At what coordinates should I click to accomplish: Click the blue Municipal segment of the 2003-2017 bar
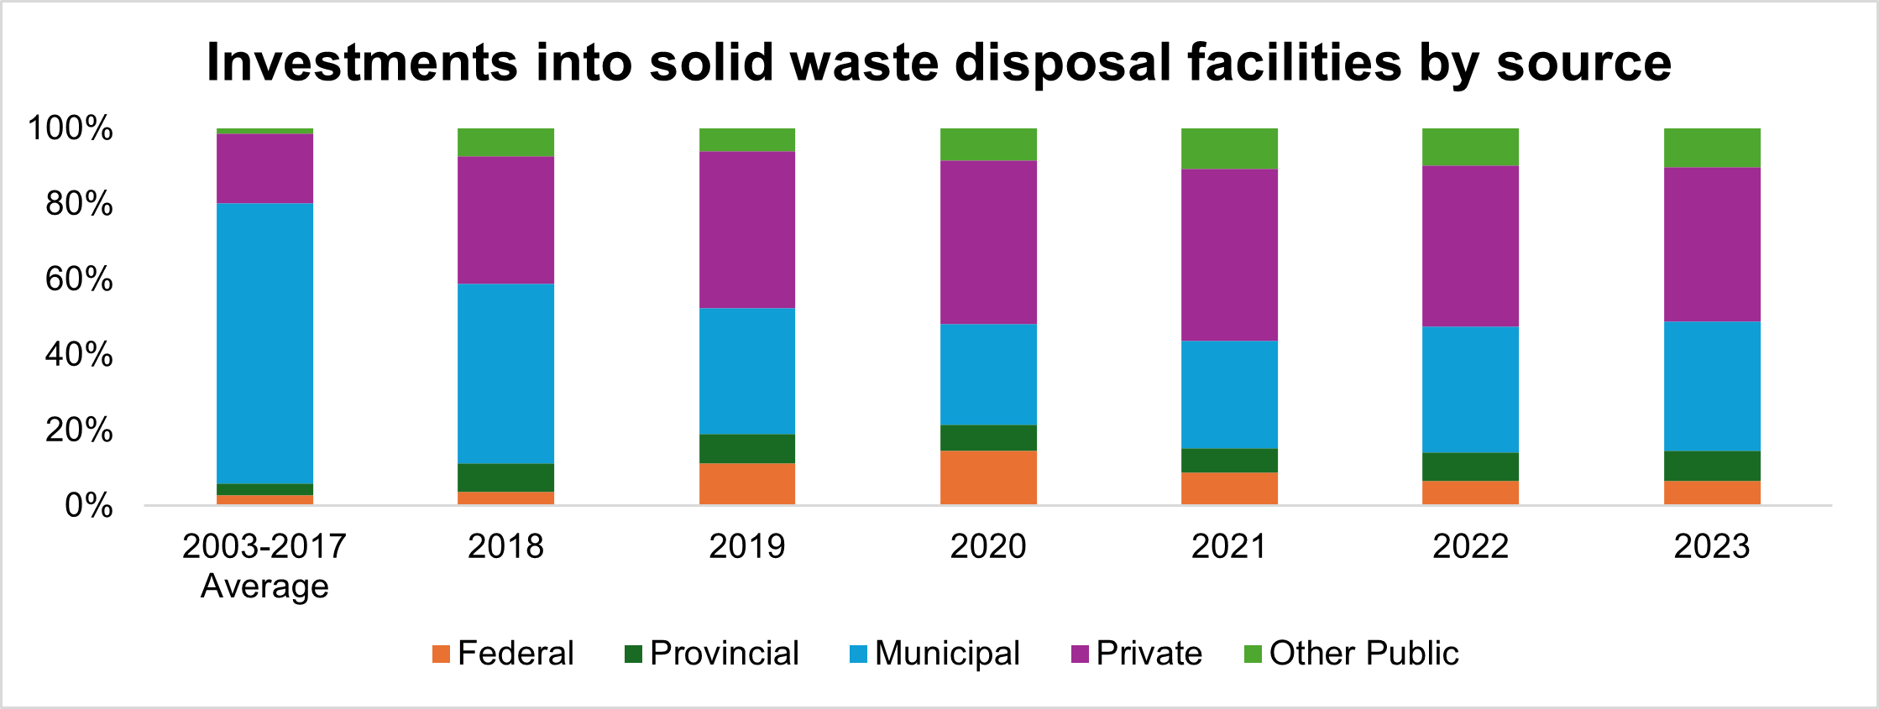click(x=264, y=343)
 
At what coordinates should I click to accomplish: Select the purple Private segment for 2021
click(x=1229, y=254)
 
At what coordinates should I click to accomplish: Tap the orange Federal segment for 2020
click(x=988, y=477)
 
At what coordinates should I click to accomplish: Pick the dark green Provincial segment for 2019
click(x=747, y=449)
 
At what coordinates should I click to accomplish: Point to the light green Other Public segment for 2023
click(x=1712, y=148)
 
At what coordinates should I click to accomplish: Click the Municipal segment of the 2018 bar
click(x=505, y=373)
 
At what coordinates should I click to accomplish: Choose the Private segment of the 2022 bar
click(x=1470, y=246)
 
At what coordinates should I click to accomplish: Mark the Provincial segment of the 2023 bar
click(x=1712, y=466)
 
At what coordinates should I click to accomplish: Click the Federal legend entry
click(x=503, y=654)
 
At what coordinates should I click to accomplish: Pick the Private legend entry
click(x=1137, y=654)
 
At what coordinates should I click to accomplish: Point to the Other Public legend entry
click(x=1352, y=654)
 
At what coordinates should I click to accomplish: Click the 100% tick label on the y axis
click(x=71, y=128)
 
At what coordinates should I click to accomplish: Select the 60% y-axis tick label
click(x=79, y=279)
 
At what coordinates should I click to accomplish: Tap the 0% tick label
click(x=88, y=506)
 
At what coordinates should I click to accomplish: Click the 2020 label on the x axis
click(x=988, y=546)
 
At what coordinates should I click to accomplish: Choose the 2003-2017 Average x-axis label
click(x=264, y=566)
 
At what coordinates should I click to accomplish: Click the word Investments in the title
click(x=362, y=63)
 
